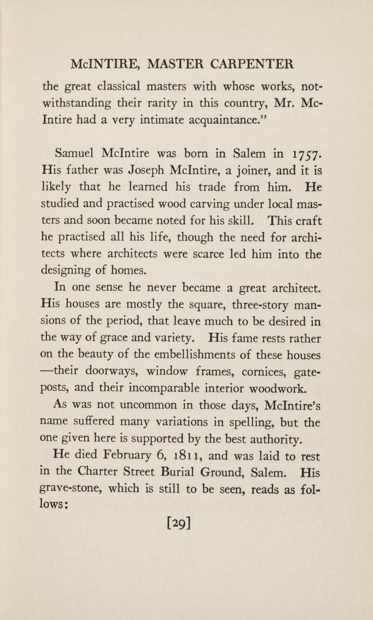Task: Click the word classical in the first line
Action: pos(120,85)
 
